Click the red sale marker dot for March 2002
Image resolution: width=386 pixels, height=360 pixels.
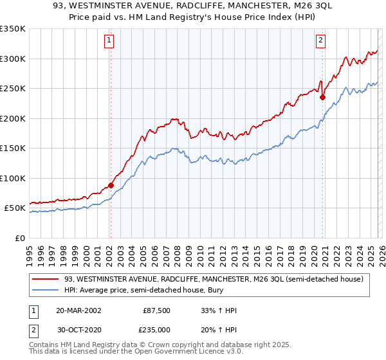pyautogui.click(x=111, y=185)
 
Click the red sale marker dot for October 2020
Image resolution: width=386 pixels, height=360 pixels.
pyautogui.click(x=322, y=98)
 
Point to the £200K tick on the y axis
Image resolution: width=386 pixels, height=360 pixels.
pyautogui.click(x=13, y=118)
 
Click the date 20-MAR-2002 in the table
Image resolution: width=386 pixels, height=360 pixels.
pyautogui.click(x=78, y=310)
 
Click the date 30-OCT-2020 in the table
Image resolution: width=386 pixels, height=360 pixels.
pyautogui.click(x=78, y=329)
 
